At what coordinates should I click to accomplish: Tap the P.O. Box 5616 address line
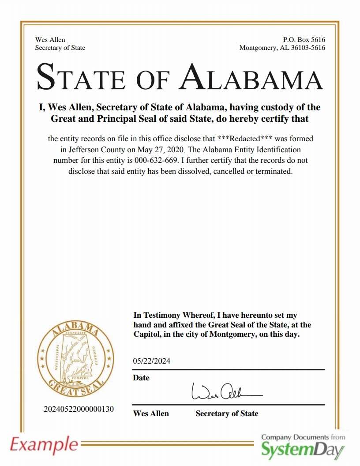click(304, 40)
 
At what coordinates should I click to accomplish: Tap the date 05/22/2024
click(151, 361)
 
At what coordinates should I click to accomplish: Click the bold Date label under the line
click(141, 378)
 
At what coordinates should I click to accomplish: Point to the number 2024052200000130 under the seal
click(79, 409)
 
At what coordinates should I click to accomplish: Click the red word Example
click(43, 443)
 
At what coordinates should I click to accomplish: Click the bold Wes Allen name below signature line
click(151, 413)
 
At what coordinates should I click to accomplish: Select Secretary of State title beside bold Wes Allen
click(227, 413)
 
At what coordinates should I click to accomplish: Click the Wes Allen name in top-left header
click(50, 40)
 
